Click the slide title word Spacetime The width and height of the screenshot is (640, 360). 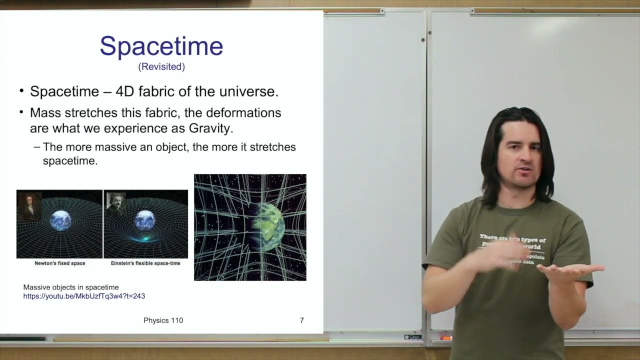click(x=161, y=46)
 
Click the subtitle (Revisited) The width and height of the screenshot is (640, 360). click(x=161, y=66)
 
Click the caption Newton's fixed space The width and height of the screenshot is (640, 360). click(x=59, y=263)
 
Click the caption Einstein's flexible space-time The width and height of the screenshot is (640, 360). click(x=145, y=263)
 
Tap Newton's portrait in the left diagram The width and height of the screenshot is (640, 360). click(x=29, y=205)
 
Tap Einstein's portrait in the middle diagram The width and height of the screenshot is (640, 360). click(x=116, y=204)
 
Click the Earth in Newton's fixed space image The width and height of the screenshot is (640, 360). click(x=61, y=220)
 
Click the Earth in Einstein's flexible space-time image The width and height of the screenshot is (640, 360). click(x=145, y=220)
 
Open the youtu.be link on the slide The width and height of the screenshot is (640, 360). click(x=84, y=296)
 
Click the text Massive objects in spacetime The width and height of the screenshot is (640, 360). click(x=71, y=287)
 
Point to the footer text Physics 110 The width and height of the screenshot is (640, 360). click(x=163, y=320)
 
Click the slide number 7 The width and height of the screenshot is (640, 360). click(x=301, y=320)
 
